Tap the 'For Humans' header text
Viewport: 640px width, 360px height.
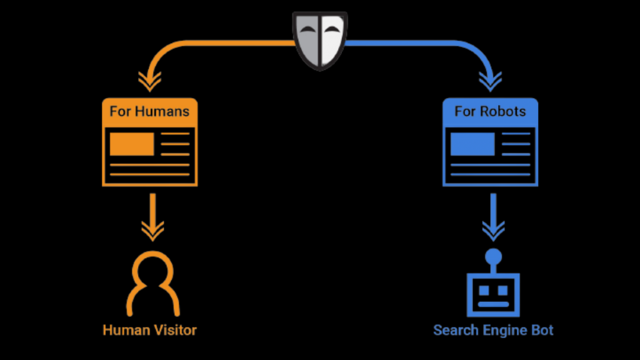pyautogui.click(x=149, y=112)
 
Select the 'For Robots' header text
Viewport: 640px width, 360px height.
pyautogui.click(x=490, y=112)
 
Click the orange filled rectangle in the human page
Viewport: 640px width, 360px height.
pyautogui.click(x=132, y=144)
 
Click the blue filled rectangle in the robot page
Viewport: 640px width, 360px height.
pyautogui.click(x=472, y=144)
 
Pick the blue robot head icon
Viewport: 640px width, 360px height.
pyautogui.click(x=493, y=292)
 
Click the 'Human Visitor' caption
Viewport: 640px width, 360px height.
pyautogui.click(x=149, y=329)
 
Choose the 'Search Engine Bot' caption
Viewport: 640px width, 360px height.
pyautogui.click(x=493, y=329)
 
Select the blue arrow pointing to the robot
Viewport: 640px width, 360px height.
pyautogui.click(x=493, y=219)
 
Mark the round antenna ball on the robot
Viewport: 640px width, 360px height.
pyautogui.click(x=493, y=256)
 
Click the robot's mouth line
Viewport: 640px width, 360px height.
pyautogui.click(x=493, y=305)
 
